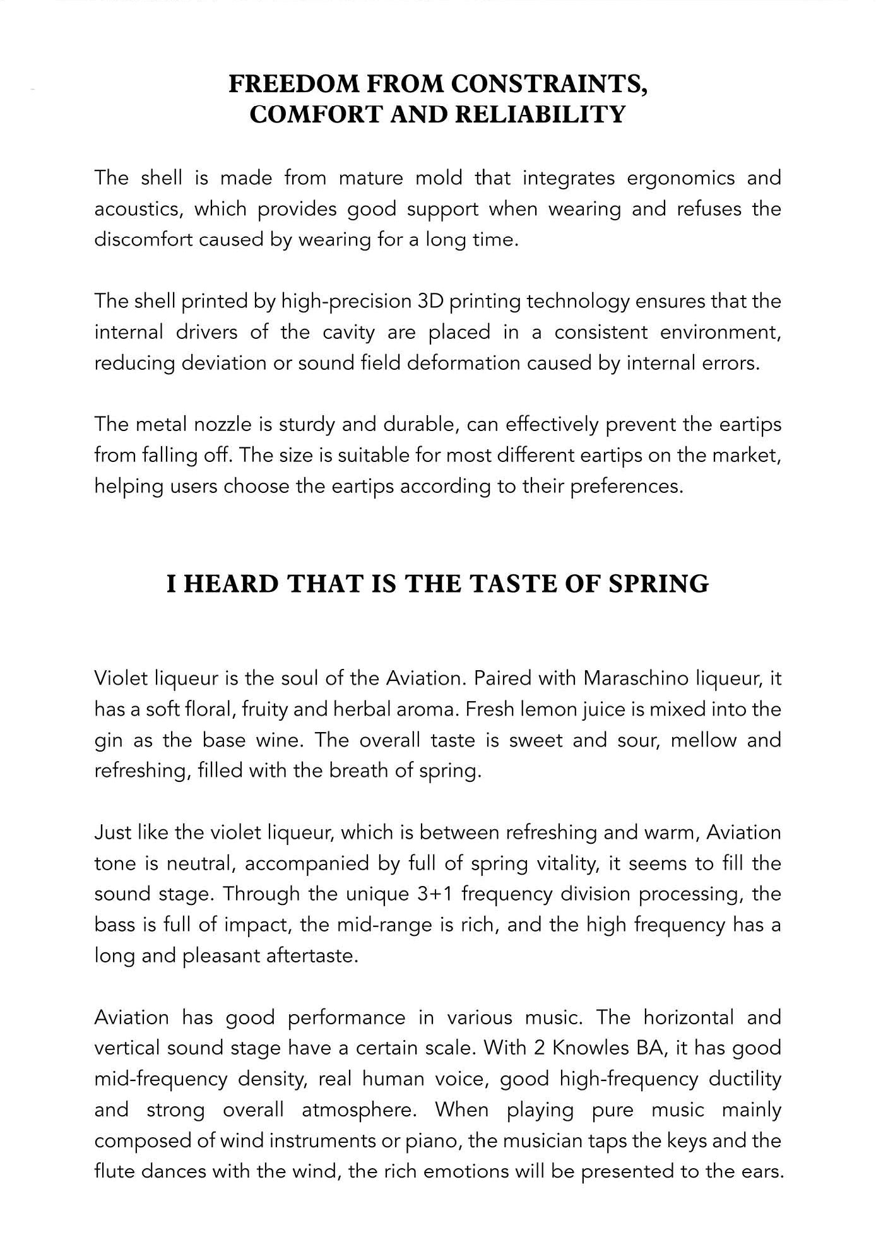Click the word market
click(745, 455)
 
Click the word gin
click(108, 740)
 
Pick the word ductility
click(745, 1079)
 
